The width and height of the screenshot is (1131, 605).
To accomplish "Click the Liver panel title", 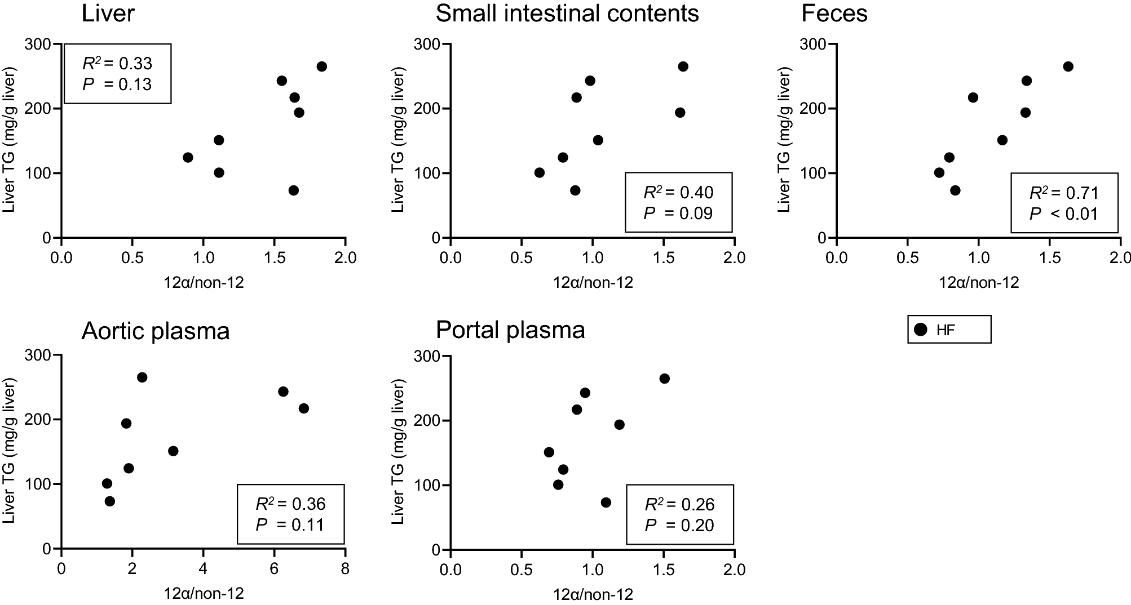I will point(108,14).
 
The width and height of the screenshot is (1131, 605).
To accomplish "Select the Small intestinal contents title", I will point(567,14).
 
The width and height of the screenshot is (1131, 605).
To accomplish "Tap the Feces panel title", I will point(834,14).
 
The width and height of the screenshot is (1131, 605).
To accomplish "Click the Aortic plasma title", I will point(156,331).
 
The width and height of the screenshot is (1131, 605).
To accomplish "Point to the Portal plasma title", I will point(510,330).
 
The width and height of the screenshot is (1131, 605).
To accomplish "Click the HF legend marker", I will point(921,330).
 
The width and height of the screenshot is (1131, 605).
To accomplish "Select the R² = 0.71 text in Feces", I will point(1064,193).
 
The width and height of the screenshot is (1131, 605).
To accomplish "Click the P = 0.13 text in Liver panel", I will point(117,84).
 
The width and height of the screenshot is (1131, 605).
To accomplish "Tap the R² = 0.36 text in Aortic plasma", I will point(290,504).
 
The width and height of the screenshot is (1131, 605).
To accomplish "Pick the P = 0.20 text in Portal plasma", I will point(679,526).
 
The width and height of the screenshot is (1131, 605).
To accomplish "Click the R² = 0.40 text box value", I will point(678,193).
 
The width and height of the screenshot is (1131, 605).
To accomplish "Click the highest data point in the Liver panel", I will point(321,66).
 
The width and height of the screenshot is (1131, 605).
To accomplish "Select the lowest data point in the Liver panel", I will point(293,190).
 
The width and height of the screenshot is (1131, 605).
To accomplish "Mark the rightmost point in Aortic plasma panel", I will point(303,408).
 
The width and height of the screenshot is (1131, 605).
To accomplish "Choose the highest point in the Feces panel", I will point(1068,66).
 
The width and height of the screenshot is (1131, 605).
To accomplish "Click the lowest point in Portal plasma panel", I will point(606,502).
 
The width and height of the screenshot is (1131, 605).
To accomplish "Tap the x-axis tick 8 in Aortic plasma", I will point(344,569).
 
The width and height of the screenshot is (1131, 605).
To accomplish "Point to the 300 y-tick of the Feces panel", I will point(812,44).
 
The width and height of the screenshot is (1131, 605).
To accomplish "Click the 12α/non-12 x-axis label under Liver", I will point(204,282).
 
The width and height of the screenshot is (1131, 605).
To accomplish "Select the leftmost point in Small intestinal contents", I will point(539,172).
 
